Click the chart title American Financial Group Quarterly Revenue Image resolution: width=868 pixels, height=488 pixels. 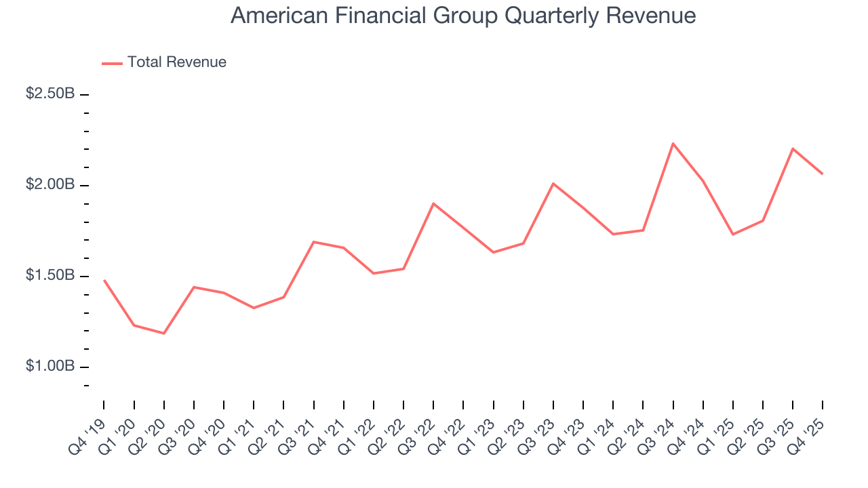click(463, 16)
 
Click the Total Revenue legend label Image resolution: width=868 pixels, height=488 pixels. click(176, 62)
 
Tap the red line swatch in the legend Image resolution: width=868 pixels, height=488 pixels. click(112, 63)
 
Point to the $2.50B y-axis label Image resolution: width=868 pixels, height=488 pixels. click(50, 94)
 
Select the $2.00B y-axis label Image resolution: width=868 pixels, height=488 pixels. click(50, 184)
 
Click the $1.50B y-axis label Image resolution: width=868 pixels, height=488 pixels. click(50, 276)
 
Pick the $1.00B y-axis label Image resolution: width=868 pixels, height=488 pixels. click(50, 367)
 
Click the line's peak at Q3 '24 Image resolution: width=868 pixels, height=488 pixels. click(673, 143)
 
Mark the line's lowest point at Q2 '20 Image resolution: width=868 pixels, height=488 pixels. click(164, 333)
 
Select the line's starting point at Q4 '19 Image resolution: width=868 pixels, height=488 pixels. click(104, 280)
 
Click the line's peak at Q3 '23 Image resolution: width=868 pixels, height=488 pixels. click(553, 184)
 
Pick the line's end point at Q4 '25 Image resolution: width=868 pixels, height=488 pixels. click(823, 174)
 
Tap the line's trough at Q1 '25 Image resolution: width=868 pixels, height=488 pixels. click(733, 235)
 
